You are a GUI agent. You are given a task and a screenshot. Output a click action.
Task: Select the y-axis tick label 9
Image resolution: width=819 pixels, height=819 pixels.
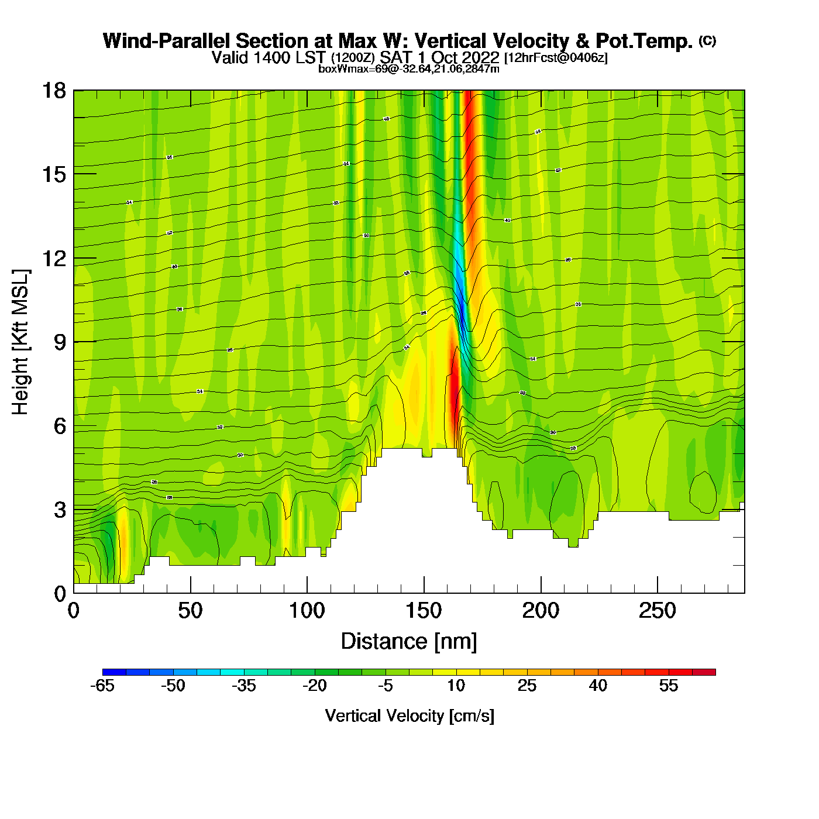click(x=60, y=342)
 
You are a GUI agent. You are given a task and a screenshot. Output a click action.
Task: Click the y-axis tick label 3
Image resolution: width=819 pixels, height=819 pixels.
click(x=60, y=510)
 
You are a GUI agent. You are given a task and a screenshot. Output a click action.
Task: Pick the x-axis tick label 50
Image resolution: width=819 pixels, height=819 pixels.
click(x=190, y=611)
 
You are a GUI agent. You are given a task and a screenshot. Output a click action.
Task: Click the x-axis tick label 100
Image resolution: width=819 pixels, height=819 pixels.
click(x=307, y=611)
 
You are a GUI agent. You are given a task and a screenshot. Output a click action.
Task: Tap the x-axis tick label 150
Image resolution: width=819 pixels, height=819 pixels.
click(x=424, y=611)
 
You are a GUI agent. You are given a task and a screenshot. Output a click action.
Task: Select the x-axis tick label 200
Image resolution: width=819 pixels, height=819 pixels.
click(x=541, y=611)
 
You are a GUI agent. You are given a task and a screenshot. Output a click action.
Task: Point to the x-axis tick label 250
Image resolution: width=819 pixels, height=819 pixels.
click(x=658, y=611)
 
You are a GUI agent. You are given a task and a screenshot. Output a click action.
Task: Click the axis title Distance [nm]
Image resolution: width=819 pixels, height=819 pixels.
click(x=409, y=642)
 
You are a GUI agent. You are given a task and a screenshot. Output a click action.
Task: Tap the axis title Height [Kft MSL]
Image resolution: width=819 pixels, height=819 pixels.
click(x=20, y=342)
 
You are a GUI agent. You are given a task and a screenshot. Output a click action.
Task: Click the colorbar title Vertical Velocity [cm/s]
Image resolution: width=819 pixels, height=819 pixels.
click(x=409, y=715)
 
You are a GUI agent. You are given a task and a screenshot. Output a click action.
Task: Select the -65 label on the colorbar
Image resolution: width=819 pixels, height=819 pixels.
click(x=102, y=686)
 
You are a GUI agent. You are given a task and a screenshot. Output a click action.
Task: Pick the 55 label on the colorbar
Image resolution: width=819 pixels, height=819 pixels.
click(x=669, y=686)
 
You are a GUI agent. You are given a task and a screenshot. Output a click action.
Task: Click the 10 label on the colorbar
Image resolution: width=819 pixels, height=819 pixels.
click(x=456, y=686)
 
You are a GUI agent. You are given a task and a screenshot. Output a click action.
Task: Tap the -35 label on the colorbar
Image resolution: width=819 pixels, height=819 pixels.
click(x=244, y=686)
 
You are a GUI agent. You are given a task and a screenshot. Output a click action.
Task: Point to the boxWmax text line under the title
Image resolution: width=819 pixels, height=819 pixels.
click(x=409, y=69)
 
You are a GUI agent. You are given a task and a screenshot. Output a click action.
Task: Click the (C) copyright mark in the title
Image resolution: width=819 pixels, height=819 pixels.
click(x=707, y=40)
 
